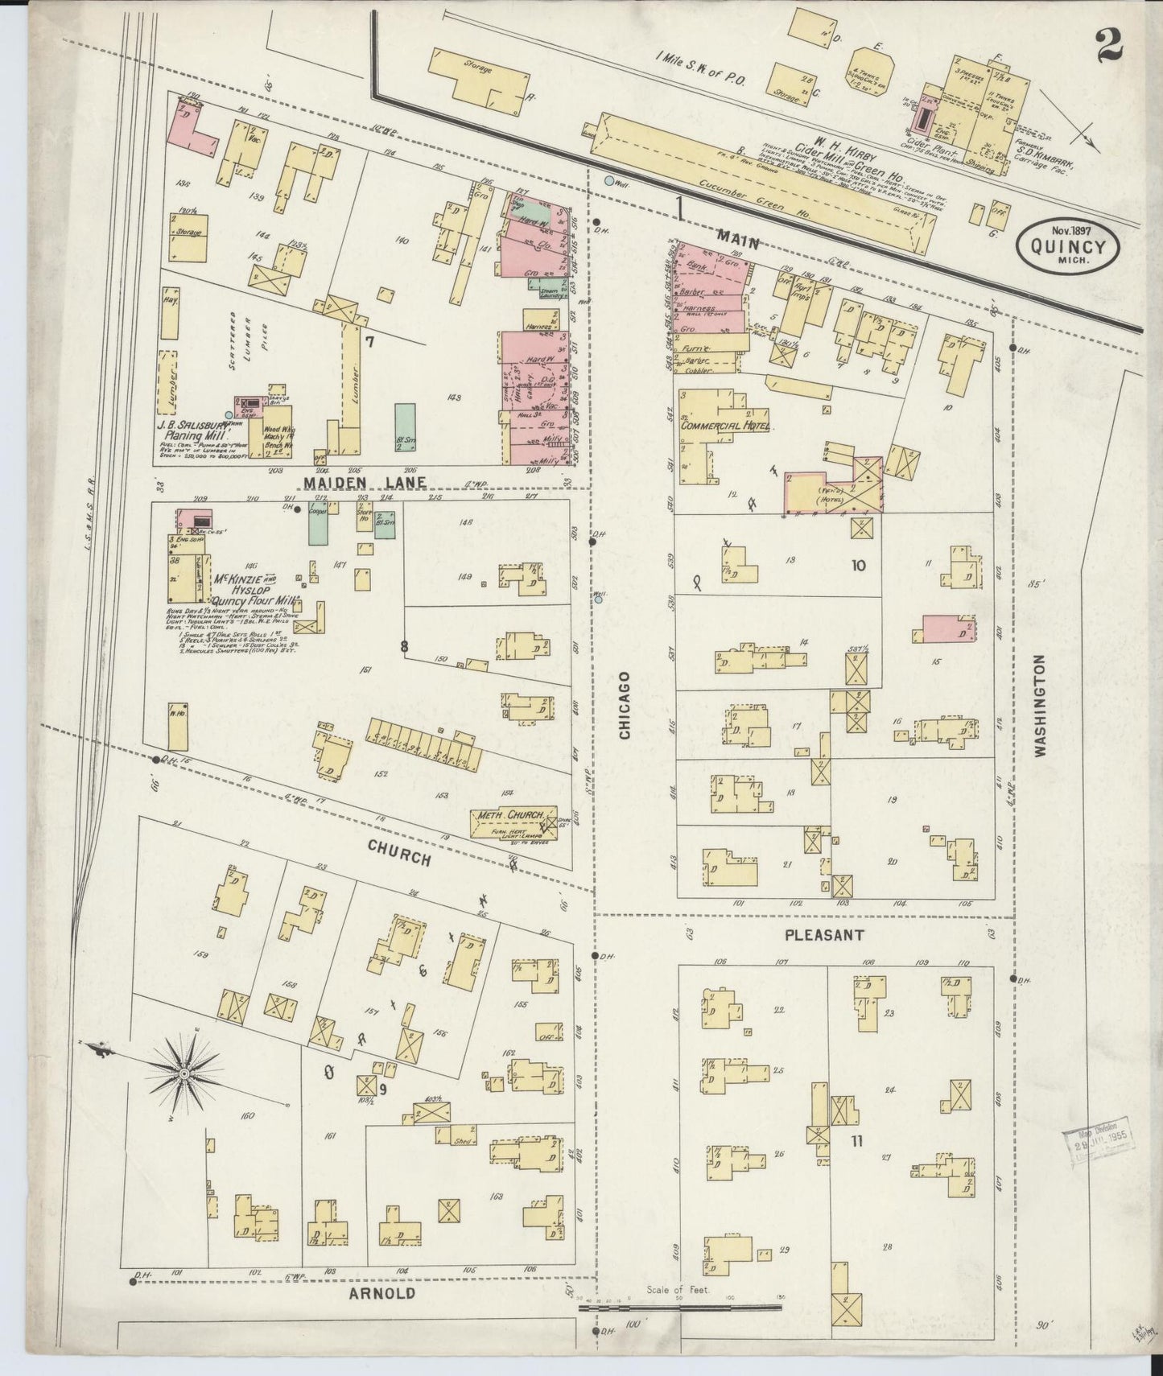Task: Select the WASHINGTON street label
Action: pyautogui.click(x=1039, y=706)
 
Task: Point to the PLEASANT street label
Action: pyautogui.click(x=825, y=935)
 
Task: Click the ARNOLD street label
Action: pyautogui.click(x=382, y=1293)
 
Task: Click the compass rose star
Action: pyautogui.click(x=184, y=1074)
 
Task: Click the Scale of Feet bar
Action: pyautogui.click(x=680, y=1308)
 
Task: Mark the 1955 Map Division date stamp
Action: pyautogui.click(x=1095, y=1143)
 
